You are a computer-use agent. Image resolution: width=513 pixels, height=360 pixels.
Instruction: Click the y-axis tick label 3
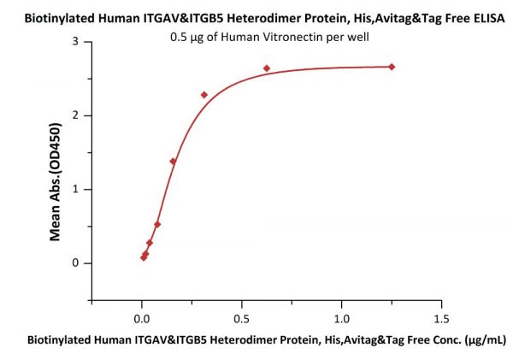75,41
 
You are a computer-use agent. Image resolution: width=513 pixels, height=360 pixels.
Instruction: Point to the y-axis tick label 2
75,115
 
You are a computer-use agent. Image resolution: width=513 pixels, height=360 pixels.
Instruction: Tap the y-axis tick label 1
75,189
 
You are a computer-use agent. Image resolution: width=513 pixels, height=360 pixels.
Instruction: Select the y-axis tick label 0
75,263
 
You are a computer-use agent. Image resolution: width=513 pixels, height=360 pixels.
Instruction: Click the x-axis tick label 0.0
142,319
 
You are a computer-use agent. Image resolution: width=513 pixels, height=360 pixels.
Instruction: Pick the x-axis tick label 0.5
241,319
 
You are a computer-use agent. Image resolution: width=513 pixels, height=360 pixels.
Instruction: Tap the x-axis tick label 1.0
341,319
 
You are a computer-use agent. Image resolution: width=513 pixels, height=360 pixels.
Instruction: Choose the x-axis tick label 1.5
441,319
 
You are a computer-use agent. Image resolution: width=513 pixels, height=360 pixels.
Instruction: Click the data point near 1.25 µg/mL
392,67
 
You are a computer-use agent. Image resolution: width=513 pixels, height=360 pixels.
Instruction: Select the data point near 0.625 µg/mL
267,68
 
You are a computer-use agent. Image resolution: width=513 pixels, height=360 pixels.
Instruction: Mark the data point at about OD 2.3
204,95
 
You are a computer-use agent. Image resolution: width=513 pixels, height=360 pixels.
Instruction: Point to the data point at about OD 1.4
173,162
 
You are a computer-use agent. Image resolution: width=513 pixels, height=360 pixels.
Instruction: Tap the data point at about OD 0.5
157,225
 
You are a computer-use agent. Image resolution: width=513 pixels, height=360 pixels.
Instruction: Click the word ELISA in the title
489,18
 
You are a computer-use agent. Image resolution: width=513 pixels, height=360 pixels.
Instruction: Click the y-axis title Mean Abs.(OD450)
55,182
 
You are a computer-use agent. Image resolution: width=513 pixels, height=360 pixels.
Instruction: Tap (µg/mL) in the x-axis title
485,340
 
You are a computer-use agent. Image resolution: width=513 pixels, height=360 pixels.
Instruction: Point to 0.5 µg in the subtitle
186,38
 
